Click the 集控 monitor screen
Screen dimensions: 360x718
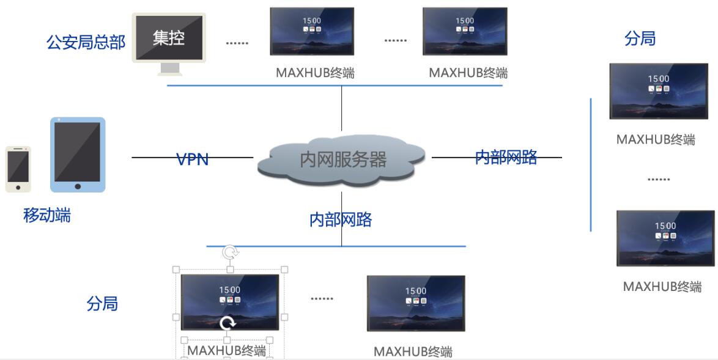[x=169, y=38]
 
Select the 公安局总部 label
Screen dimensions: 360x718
[x=86, y=42]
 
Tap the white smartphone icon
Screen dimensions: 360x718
[x=18, y=169]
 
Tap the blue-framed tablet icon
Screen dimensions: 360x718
[x=78, y=154]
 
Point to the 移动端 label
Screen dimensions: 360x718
[x=46, y=215]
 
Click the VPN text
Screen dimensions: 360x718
[x=192, y=159]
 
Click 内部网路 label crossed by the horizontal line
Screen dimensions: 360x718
[x=506, y=157]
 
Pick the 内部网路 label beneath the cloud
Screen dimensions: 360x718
[x=341, y=220]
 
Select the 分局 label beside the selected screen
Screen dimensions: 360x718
[x=102, y=304]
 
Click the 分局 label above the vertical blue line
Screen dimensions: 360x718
[x=640, y=39]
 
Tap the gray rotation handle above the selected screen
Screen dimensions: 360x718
[x=231, y=252]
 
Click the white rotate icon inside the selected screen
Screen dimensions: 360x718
[x=228, y=323]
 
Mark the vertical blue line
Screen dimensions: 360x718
[x=591, y=165]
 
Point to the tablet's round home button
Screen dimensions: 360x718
[x=78, y=186]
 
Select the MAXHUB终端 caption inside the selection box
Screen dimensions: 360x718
[x=226, y=351]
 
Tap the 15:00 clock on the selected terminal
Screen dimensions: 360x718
[x=230, y=290]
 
